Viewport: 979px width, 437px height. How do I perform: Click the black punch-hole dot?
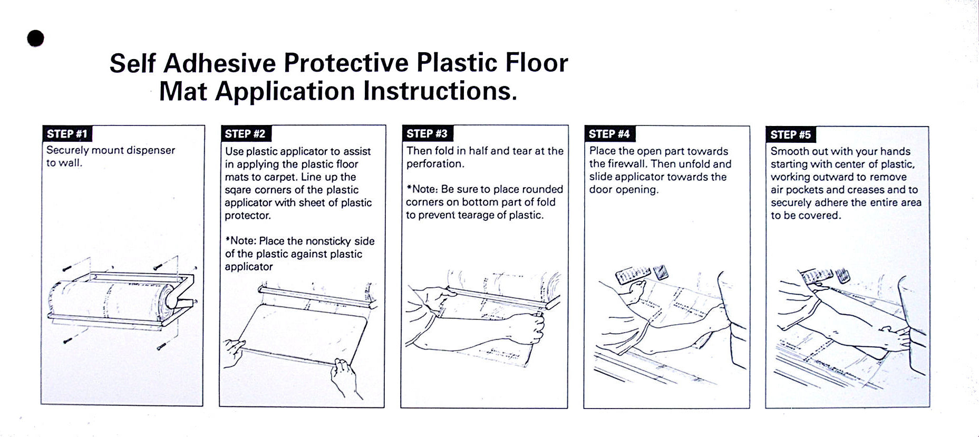pyautogui.click(x=35, y=38)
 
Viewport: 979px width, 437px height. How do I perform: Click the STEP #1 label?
pyautogui.click(x=67, y=134)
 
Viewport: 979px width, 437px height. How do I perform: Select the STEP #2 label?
pyautogui.click(x=245, y=134)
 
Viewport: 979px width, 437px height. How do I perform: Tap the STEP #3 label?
pyautogui.click(x=427, y=134)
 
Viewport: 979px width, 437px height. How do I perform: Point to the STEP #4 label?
pyautogui.click(x=609, y=134)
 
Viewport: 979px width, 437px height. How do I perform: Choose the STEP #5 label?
pyautogui.click(x=791, y=134)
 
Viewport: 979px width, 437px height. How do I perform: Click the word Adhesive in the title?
pyautogui.click(x=219, y=63)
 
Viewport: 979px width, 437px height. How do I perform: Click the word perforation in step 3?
pyautogui.click(x=435, y=164)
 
